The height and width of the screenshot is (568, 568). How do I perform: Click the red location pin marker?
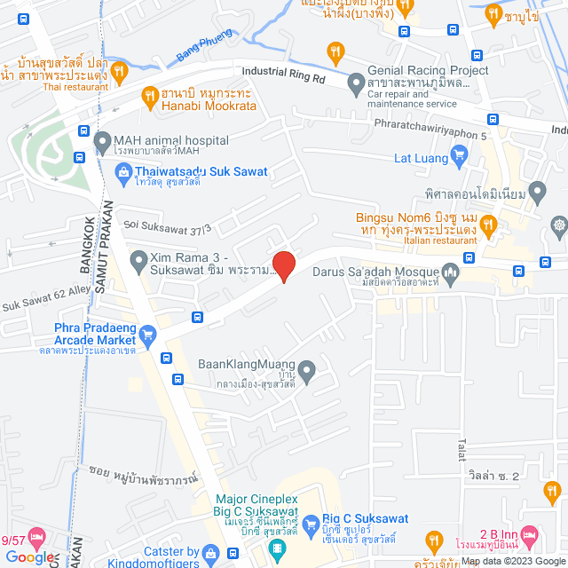click(x=282, y=265)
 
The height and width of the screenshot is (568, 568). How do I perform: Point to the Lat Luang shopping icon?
click(x=459, y=159)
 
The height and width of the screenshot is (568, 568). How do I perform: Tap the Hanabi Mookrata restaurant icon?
click(x=147, y=94)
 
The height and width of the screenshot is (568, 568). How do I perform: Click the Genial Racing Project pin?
click(x=356, y=85)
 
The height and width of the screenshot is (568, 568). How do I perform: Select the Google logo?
click(x=28, y=556)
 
